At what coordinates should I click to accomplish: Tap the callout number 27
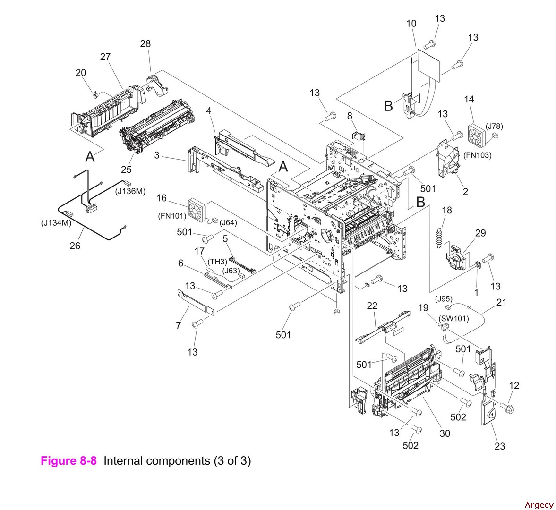point(105,57)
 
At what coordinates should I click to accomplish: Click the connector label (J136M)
point(130,191)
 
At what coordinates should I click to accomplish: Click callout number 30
point(445,433)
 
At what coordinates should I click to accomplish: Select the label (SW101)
point(453,318)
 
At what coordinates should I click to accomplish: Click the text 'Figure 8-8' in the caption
point(68,461)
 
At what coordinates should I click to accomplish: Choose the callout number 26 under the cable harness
point(75,246)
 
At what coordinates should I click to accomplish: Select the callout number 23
point(499,446)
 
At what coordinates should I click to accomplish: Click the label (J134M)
point(56,223)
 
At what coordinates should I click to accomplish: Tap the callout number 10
point(411,24)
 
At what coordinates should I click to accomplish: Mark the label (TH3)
point(217,262)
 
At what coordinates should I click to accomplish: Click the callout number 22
point(372,306)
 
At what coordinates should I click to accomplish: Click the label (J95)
point(444,298)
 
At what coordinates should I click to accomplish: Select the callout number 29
point(480,233)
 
